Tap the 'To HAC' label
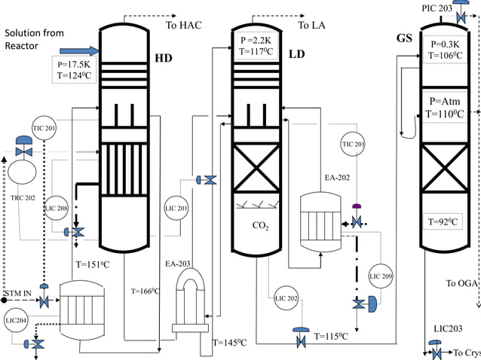[x=183, y=26]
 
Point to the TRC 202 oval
[x=23, y=172]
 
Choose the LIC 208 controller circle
[x=57, y=208]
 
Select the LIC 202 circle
[x=287, y=298]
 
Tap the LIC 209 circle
[x=381, y=276]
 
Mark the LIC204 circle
[x=17, y=319]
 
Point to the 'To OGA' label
[x=461, y=283]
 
